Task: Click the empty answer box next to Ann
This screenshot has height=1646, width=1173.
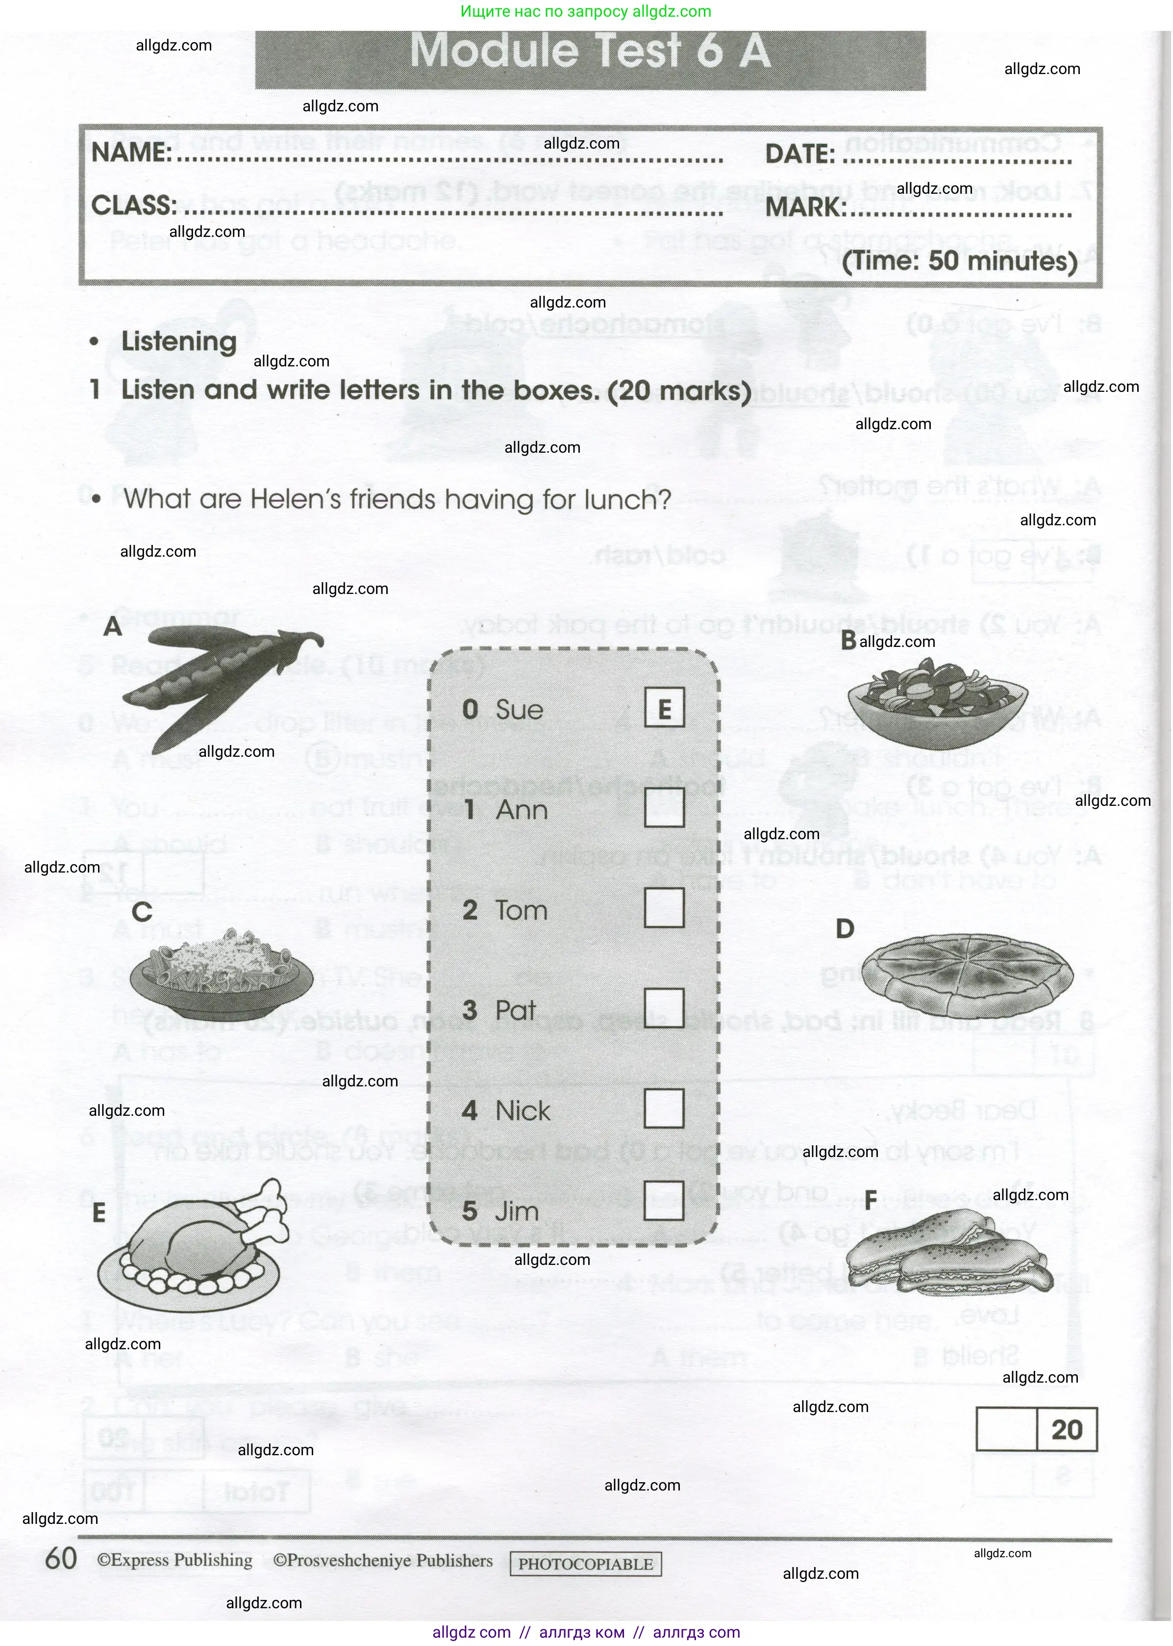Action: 664,807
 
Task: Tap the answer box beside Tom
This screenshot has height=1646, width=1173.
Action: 664,907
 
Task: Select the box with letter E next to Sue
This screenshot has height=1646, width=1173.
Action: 664,708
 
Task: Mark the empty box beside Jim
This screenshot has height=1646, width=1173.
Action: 664,1200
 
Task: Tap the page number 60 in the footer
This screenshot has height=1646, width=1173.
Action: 61,1559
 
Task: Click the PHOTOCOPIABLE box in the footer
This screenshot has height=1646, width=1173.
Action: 585,1564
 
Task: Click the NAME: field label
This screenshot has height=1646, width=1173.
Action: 131,153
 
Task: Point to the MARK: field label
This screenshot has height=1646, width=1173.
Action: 805,208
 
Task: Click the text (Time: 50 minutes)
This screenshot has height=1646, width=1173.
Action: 959,260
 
